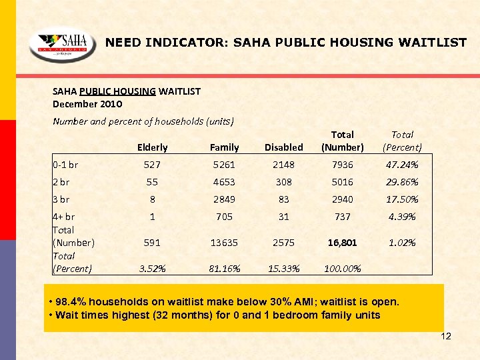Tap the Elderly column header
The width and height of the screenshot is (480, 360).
point(152,147)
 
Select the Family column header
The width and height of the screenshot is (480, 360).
point(224,147)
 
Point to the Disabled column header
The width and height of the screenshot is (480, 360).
point(283,147)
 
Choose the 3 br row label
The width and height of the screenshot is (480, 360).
point(61,199)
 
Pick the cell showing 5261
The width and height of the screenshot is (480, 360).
point(224,165)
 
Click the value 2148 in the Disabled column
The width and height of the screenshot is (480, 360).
point(283,165)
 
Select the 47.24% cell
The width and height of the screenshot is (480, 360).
point(403,165)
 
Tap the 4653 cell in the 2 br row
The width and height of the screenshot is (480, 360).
point(224,182)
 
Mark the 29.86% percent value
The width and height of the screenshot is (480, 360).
point(403,182)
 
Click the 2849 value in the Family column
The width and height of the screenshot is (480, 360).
point(224,199)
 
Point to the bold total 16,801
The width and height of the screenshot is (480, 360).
point(342,243)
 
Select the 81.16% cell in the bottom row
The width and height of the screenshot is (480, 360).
point(224,269)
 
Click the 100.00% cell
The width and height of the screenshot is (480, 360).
point(342,269)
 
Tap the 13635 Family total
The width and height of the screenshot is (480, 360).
point(224,243)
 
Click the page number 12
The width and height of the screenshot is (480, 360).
point(446,336)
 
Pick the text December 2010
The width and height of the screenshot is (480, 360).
point(87,104)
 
